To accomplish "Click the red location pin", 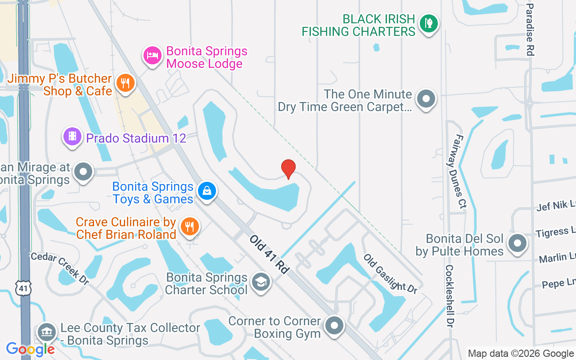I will pyautogui.click(x=288, y=169).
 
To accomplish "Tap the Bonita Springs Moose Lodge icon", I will pyautogui.click(x=152, y=56).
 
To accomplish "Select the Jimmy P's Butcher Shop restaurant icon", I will pyautogui.click(x=126, y=83).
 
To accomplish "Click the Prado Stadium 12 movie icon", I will pyautogui.click(x=72, y=136).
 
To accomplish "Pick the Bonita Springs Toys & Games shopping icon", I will pyautogui.click(x=207, y=191).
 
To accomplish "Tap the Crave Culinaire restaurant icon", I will pyautogui.click(x=189, y=227).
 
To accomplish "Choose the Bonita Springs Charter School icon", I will pyautogui.click(x=261, y=283).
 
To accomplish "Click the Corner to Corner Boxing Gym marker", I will pyautogui.click(x=334, y=326).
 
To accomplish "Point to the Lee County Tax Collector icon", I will pyautogui.click(x=46, y=333).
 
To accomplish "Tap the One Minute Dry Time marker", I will pyautogui.click(x=426, y=99).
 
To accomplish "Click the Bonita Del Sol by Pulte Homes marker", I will pyautogui.click(x=517, y=243).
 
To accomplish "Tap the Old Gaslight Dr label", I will pyautogui.click(x=390, y=274).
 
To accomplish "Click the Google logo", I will pyautogui.click(x=30, y=349).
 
